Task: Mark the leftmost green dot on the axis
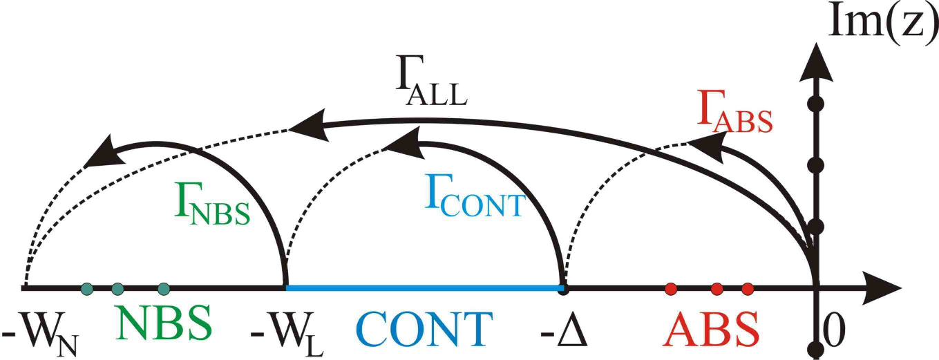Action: click(x=86, y=289)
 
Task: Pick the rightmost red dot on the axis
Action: click(x=746, y=288)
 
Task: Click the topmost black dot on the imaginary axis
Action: click(x=816, y=104)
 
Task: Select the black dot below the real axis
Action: click(x=817, y=348)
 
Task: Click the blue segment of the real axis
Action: click(x=424, y=287)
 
